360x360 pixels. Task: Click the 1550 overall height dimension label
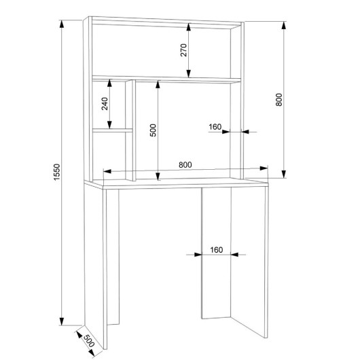tap(56, 173)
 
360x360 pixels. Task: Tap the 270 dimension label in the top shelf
tap(183, 50)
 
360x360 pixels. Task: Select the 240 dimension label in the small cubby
tap(105, 104)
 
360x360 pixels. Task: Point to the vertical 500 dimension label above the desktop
tap(153, 130)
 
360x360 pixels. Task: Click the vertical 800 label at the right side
tap(278, 100)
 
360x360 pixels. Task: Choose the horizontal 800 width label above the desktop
tap(185, 165)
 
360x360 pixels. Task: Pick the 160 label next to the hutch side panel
tap(215, 127)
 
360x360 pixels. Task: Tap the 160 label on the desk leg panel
tap(217, 249)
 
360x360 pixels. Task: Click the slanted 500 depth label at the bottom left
tap(89, 341)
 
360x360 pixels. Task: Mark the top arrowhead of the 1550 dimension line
tap(62, 24)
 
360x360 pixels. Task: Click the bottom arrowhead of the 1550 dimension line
tap(62, 321)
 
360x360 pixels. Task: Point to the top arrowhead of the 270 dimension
tap(189, 27)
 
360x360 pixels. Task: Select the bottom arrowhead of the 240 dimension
tap(109, 125)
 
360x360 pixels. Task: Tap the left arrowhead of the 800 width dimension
tap(107, 171)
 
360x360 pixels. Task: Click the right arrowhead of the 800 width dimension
tap(264, 168)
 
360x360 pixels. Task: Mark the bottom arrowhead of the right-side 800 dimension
tap(284, 174)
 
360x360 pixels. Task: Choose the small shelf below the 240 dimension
tap(113, 130)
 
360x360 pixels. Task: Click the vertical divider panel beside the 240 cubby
tap(130, 130)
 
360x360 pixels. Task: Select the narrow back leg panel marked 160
tap(216, 253)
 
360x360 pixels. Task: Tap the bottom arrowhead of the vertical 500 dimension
tap(158, 177)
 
